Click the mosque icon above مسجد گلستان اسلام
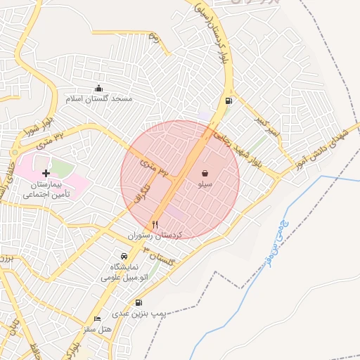point(98,89)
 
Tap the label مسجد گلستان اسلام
point(99,99)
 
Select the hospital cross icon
point(46,172)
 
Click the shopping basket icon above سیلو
point(204,173)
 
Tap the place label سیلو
point(204,184)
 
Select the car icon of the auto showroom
point(124,255)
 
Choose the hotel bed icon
point(98,318)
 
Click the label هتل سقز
point(98,328)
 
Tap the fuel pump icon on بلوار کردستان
point(229,101)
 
